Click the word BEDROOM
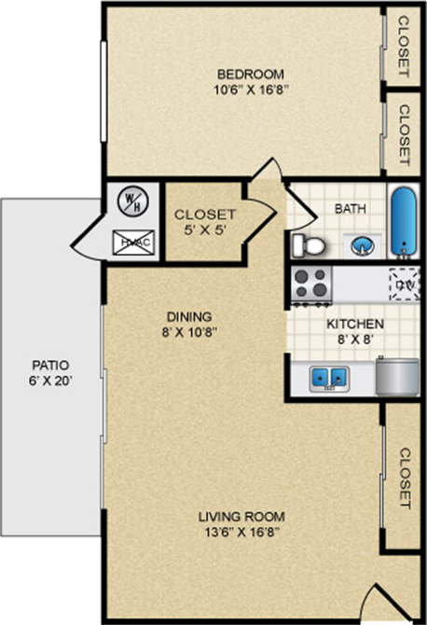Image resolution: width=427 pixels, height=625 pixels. click(x=250, y=75)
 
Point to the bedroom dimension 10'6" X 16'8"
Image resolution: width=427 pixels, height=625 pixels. click(x=250, y=90)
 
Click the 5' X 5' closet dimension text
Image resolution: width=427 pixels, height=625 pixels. click(x=205, y=229)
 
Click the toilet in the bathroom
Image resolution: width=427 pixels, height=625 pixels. click(x=309, y=245)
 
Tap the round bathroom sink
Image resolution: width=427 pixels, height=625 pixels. click(x=362, y=245)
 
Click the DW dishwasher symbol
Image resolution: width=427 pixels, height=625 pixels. click(x=405, y=284)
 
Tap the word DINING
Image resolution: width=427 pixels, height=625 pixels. click(x=190, y=316)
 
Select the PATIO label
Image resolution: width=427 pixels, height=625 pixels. click(x=51, y=365)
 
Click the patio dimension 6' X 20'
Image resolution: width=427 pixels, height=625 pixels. click(x=51, y=381)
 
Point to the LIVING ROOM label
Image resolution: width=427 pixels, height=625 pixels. click(x=241, y=516)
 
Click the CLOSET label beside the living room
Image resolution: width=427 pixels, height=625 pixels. click(x=405, y=479)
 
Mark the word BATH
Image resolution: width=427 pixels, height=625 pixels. click(x=351, y=209)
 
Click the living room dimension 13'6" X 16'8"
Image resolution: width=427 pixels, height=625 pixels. click(x=241, y=532)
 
